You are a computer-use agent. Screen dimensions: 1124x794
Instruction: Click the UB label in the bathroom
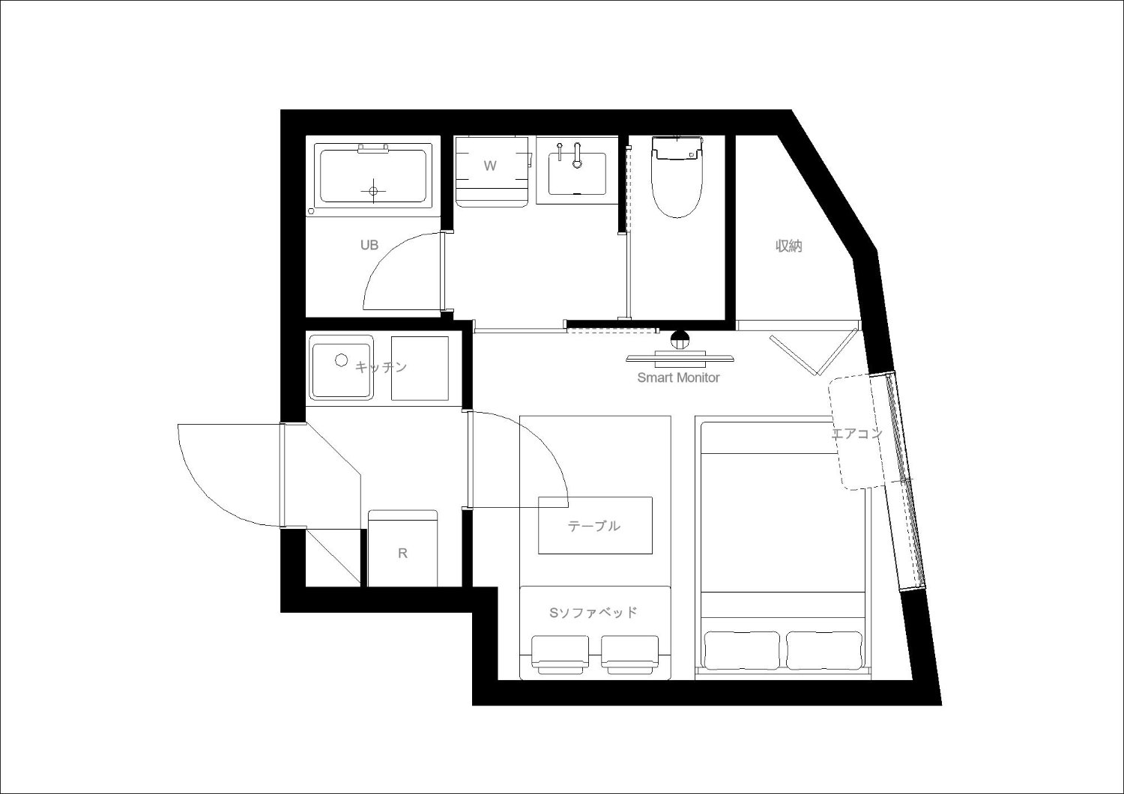point(369,245)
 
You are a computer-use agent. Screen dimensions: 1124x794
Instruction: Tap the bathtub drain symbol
point(373,190)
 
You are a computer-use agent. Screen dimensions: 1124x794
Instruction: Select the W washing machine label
point(490,166)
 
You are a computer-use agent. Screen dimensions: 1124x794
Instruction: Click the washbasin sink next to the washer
point(577,174)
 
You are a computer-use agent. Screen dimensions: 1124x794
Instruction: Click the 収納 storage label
point(789,246)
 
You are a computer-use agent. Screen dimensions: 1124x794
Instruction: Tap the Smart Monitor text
point(678,378)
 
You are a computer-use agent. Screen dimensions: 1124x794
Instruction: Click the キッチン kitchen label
point(381,367)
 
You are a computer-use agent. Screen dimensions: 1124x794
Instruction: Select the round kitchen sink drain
point(342,360)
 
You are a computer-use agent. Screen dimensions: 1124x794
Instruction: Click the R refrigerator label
point(402,554)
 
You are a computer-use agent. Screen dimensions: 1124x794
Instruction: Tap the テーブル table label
point(594,526)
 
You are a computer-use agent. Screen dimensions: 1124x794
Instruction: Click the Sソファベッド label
point(593,613)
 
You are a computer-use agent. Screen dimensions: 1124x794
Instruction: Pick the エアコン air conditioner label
point(856,434)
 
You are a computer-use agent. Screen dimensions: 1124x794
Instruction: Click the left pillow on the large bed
point(743,650)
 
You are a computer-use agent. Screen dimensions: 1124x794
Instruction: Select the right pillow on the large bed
point(824,650)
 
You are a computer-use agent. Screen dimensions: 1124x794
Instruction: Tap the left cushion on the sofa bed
point(560,655)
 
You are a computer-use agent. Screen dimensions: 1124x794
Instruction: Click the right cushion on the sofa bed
point(629,655)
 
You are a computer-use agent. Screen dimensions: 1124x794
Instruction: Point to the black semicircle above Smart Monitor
point(680,336)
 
